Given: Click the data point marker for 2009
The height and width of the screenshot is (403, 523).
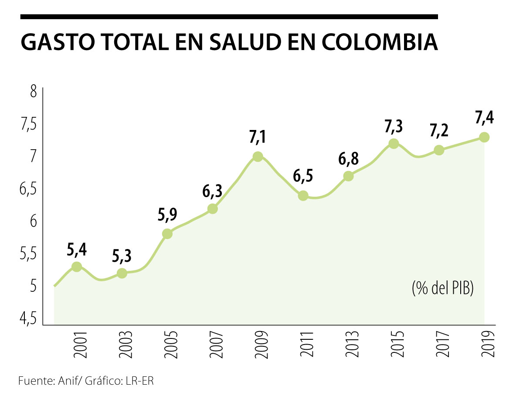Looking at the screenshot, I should click(x=258, y=157).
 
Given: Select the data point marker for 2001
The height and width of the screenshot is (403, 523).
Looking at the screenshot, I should click(x=77, y=266).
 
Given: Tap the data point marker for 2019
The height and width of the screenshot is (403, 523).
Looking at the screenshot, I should click(x=484, y=137).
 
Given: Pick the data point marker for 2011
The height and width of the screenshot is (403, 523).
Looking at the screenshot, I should click(x=303, y=195).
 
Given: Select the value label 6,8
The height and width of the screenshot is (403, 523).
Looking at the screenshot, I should click(x=348, y=158).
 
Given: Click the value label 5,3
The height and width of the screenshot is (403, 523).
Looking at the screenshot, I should click(x=122, y=256).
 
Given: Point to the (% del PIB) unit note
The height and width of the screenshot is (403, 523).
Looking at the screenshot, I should click(x=442, y=288).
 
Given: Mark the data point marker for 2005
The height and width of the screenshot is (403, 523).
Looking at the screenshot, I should click(x=167, y=234).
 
